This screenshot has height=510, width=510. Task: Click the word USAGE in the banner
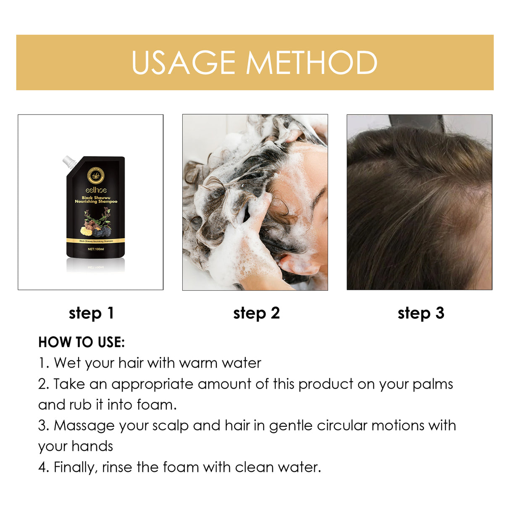[183, 63]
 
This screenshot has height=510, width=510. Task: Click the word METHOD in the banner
[311, 63]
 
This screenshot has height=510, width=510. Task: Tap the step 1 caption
[91, 313]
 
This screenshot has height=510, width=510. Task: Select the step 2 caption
[256, 313]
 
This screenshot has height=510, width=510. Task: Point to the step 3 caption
[421, 313]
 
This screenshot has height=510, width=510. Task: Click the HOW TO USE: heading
[81, 342]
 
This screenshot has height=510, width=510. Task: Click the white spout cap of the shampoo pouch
[68, 161]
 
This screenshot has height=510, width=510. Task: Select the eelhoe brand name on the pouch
[96, 190]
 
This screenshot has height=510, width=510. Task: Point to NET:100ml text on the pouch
[96, 249]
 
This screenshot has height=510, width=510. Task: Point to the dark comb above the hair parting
[416, 123]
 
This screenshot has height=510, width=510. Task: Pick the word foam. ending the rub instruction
[156, 405]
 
